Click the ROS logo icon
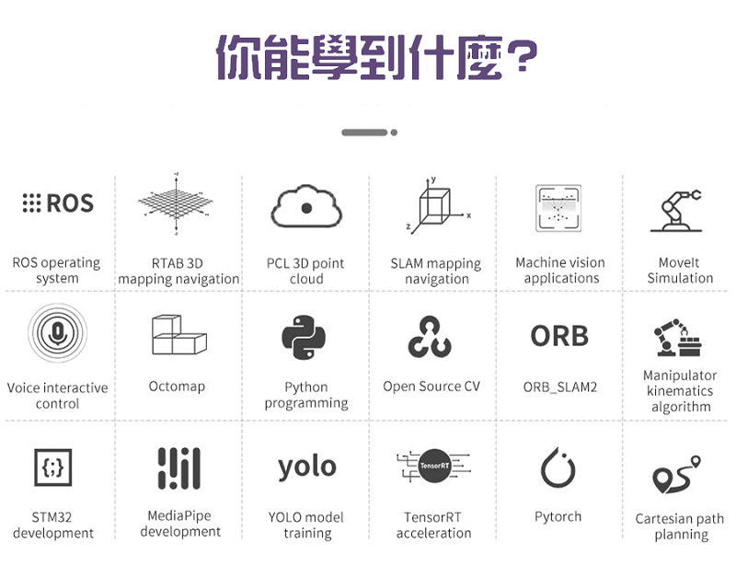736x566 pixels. click(x=57, y=203)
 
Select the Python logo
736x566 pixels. click(x=305, y=337)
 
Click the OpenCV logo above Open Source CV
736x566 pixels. click(x=431, y=337)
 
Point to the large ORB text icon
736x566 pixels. click(x=559, y=336)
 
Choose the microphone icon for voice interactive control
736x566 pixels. click(x=57, y=333)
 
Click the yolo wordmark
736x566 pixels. click(x=306, y=467)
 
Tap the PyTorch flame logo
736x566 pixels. click(x=558, y=468)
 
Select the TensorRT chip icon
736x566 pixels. click(x=432, y=467)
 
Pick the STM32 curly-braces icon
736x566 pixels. click(x=52, y=468)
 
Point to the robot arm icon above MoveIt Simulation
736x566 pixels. click(x=679, y=210)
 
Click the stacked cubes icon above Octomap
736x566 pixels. click(x=178, y=336)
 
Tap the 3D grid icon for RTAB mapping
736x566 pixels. click(x=178, y=205)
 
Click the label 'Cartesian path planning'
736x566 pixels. click(x=680, y=526)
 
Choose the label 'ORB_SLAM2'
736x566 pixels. click(x=559, y=387)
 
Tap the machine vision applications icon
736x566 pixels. click(x=558, y=208)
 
